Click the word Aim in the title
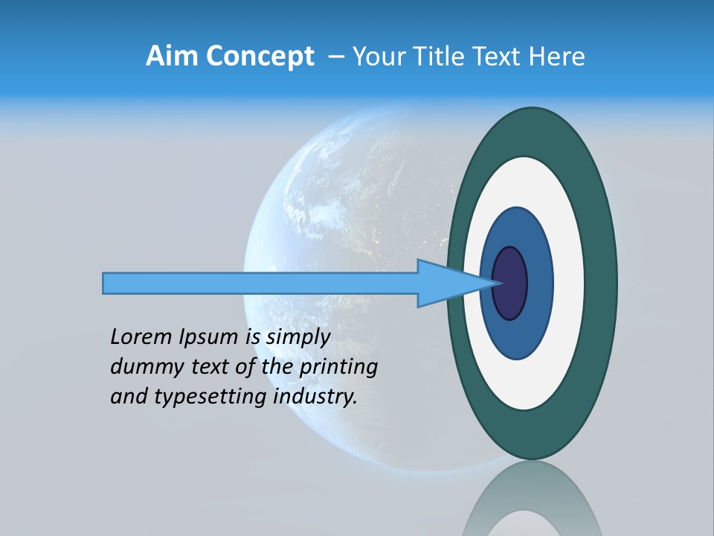tap(172, 57)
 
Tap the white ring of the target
tap(568, 283)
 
